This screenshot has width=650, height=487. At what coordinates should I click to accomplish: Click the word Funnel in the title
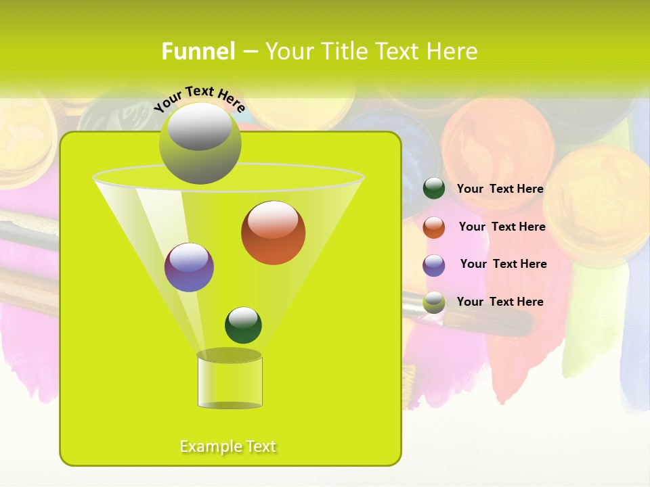click(x=198, y=51)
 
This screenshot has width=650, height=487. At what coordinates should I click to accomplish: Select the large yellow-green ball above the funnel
click(x=200, y=143)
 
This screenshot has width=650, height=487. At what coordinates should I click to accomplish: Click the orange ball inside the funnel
click(x=273, y=233)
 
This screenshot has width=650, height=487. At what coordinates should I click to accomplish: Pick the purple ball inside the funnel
click(x=189, y=267)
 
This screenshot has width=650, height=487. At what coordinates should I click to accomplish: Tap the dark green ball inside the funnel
click(x=243, y=325)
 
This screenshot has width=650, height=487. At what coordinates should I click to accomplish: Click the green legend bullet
click(x=434, y=189)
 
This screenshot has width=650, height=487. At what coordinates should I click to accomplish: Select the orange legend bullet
click(x=434, y=227)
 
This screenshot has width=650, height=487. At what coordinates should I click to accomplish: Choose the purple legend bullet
click(x=434, y=265)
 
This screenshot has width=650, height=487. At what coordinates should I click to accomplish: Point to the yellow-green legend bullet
click(x=434, y=302)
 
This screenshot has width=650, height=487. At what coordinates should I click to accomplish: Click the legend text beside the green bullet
click(x=500, y=189)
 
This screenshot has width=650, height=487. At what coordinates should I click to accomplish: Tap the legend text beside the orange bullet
click(x=502, y=227)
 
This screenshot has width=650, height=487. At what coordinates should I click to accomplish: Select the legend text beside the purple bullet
click(x=503, y=264)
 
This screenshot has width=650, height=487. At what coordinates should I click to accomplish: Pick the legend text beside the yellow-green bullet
click(x=500, y=302)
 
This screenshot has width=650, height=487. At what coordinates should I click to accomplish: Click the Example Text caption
click(x=228, y=446)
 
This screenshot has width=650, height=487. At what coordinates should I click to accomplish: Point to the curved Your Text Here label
click(x=199, y=98)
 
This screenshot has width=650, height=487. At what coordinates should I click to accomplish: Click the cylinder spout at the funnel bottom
click(x=230, y=382)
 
